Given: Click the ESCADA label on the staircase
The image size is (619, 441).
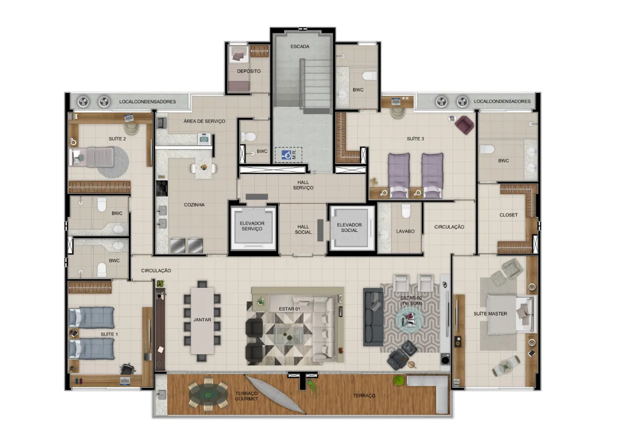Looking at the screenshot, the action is [x=300, y=46].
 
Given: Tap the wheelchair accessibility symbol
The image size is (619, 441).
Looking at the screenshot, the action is [x=286, y=155].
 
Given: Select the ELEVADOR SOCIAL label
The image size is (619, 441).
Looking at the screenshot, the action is [x=349, y=227].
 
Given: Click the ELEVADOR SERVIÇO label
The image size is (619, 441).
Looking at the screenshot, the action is [x=252, y=226].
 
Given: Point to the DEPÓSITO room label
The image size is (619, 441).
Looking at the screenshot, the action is [x=249, y=72].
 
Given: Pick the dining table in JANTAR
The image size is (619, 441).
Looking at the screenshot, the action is [x=202, y=321].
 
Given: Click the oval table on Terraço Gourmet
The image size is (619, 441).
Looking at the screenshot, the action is [x=208, y=394].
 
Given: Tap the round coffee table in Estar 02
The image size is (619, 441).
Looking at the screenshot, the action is [x=409, y=320].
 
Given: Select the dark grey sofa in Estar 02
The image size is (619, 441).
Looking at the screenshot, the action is [x=373, y=317].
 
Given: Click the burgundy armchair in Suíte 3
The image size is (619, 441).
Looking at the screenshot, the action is [x=464, y=125].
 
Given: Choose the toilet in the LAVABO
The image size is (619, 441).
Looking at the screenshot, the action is [x=406, y=211].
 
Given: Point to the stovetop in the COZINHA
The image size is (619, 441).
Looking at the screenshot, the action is [x=162, y=188].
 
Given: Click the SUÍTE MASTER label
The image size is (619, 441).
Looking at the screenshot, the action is [x=490, y=314].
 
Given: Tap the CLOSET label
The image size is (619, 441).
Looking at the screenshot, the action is [x=509, y=215].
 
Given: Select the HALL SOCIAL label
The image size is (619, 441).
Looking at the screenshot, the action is [x=303, y=229].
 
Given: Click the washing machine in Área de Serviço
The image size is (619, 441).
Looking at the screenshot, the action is [x=204, y=139].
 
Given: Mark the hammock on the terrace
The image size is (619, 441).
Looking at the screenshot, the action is [x=275, y=394].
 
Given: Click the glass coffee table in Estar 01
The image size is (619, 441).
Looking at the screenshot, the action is [x=289, y=335].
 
